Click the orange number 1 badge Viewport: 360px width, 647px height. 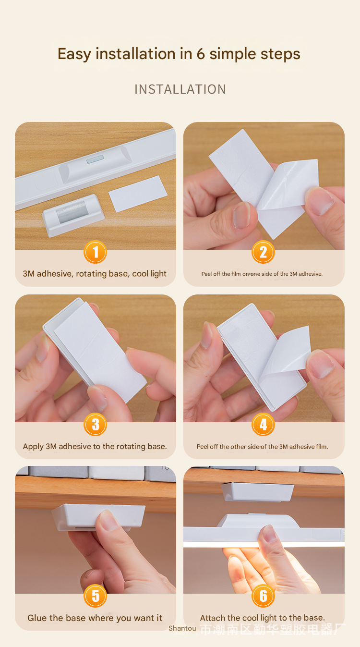coord(95,252)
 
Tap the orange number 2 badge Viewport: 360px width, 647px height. coord(263,252)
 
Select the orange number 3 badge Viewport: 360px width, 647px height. coord(95,424)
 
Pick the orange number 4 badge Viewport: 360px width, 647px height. coord(263,424)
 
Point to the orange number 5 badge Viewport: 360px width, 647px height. coord(95,596)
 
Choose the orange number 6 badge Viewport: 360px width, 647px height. coord(263,596)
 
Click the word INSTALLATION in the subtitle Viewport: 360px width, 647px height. coord(180,89)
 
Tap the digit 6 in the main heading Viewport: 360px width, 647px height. coord(201,54)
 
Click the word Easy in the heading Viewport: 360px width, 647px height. coord(74,54)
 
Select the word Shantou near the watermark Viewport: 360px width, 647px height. coord(182,628)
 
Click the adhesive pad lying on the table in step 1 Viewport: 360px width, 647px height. coord(138,194)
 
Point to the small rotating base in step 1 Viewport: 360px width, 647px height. coord(73,215)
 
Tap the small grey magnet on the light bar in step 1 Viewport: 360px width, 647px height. coord(95,159)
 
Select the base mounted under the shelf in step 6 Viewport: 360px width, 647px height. coord(257,491)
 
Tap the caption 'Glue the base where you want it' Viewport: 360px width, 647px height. coord(95,618)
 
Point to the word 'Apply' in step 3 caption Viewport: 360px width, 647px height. coord(34,447)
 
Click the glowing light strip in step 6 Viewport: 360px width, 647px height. coord(264,544)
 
